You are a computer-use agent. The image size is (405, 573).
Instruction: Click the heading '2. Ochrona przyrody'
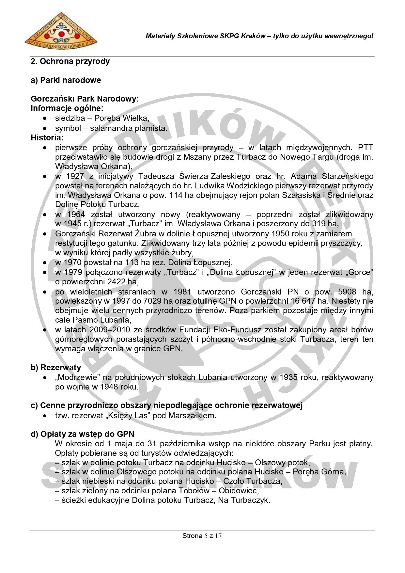click(x=70, y=61)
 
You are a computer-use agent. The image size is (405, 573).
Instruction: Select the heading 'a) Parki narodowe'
click(x=66, y=80)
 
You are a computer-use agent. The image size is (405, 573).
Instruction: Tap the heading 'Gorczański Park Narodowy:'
click(x=85, y=99)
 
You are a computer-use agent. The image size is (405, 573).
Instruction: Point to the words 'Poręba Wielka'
click(x=121, y=118)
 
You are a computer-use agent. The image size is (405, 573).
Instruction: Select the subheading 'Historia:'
click(x=47, y=138)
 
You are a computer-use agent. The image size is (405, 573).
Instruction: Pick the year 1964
click(x=76, y=215)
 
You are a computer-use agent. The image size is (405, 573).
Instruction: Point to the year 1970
click(x=74, y=263)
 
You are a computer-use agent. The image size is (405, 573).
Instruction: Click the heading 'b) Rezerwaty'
click(x=56, y=368)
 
